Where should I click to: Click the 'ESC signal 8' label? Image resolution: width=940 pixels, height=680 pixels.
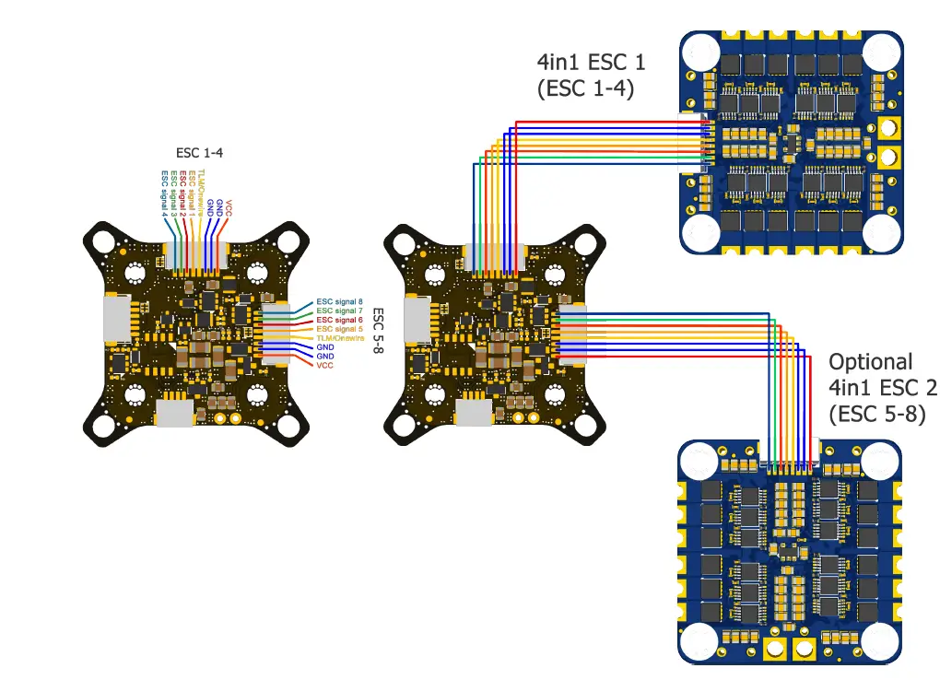coord(339,301)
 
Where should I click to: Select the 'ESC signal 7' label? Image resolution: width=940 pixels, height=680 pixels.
coord(339,311)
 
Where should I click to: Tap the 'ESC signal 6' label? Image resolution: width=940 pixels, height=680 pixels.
coord(339,320)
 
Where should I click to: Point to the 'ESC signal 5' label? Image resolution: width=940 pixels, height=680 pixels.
coord(339,329)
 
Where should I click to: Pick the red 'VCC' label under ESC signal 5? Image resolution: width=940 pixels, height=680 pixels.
coord(324,366)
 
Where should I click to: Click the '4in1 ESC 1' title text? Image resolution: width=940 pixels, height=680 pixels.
coord(591,63)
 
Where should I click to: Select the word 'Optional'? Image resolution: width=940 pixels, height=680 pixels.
coord(870,362)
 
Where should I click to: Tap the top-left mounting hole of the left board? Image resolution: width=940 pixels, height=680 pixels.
coord(101,240)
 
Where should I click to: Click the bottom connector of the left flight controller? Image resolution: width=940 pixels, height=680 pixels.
coord(176,414)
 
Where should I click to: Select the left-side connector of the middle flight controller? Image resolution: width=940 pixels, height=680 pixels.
coord(417,319)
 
